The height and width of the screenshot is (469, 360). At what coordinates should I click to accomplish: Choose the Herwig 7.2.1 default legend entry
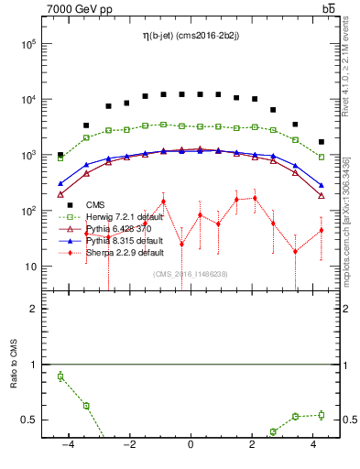point(125,216)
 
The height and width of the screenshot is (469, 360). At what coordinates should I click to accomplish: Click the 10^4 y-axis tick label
point(28,100)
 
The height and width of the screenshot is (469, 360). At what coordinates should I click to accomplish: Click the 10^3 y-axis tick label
point(28,155)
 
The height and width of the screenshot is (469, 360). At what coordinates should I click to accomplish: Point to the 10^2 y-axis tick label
point(28,211)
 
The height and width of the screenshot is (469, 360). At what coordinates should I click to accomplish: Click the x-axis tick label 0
point(190,446)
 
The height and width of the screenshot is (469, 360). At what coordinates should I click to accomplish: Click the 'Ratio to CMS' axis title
point(14,365)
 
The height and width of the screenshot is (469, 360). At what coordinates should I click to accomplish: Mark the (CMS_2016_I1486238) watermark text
point(191,274)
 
